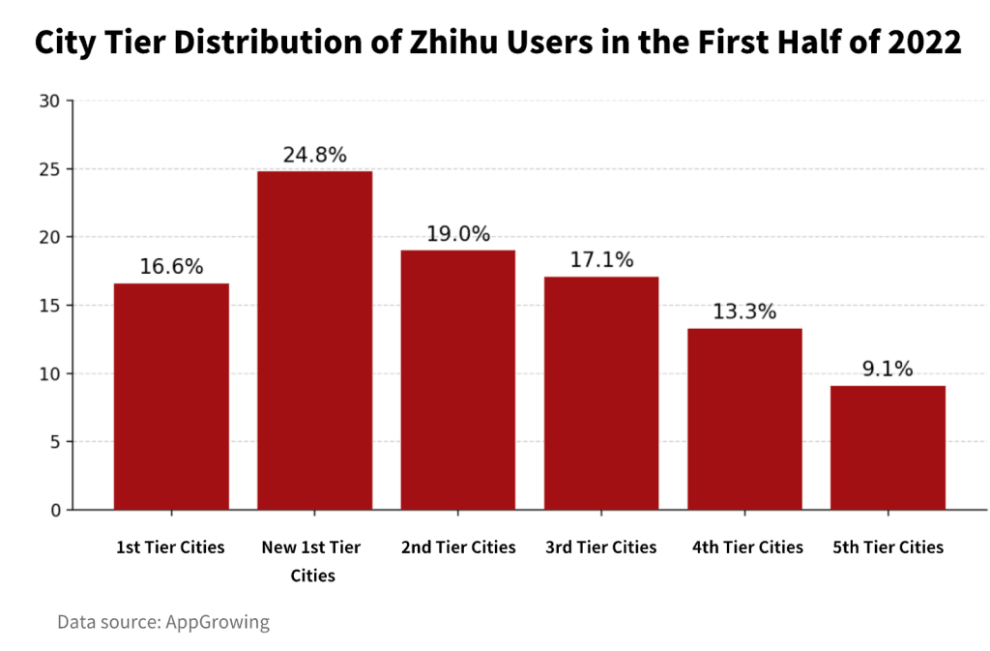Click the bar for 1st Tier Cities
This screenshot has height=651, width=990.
171,397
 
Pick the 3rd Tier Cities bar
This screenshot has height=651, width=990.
600,393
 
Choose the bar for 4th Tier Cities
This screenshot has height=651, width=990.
744,419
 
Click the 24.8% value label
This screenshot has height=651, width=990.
314,155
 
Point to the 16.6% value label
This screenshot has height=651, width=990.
171,267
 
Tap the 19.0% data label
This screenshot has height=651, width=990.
457,234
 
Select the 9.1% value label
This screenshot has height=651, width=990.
888,370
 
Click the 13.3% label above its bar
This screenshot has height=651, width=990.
744,311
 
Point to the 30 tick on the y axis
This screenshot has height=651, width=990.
51,101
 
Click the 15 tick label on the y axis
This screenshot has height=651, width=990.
51,306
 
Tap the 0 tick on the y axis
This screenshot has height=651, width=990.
55,510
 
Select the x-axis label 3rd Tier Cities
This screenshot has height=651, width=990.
600,547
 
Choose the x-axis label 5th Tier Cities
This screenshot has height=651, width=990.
888,547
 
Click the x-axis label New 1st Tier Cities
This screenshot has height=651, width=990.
311,561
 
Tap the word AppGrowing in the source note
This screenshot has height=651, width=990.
218,622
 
